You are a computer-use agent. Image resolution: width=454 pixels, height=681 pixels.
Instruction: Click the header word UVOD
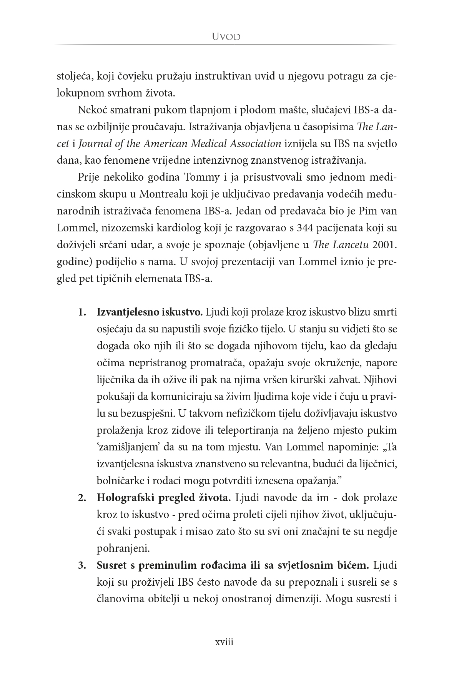click(226, 37)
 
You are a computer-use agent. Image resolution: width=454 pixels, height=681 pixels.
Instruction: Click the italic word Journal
click(93, 144)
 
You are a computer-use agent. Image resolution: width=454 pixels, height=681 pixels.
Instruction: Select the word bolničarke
click(117, 482)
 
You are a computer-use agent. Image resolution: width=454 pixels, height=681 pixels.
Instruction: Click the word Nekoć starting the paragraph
click(91, 110)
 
